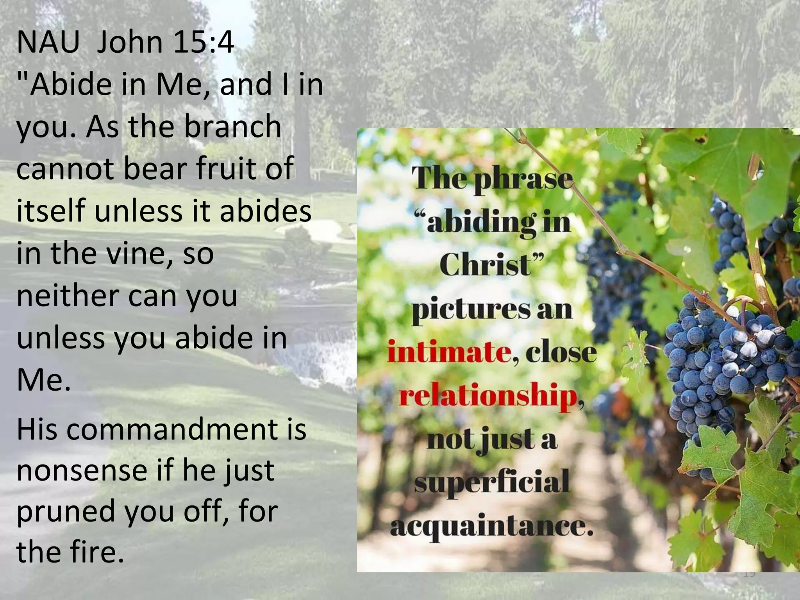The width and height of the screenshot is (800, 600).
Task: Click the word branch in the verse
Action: pyautogui.click(x=232, y=127)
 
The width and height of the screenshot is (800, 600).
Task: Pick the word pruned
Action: pyautogui.click(x=66, y=512)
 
